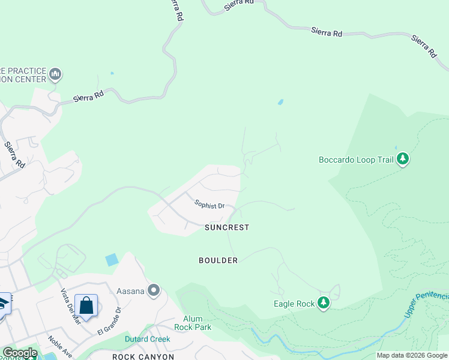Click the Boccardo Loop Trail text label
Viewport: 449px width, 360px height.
[x=355, y=160]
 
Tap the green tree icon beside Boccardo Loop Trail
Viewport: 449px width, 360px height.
[x=403, y=159]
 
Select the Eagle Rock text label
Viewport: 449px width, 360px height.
[x=294, y=304]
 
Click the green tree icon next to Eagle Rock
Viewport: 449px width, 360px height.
[x=324, y=303]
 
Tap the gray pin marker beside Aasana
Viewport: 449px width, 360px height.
[x=154, y=291]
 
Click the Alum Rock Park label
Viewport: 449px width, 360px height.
[x=188, y=323]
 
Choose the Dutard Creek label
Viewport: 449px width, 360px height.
[x=147, y=339]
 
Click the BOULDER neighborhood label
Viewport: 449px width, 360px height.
[x=218, y=260]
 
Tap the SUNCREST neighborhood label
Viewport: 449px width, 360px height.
[x=226, y=227]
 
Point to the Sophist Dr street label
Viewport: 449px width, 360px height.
[x=209, y=205]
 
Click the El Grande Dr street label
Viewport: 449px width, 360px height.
[x=109, y=320]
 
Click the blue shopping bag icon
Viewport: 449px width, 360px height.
[x=86, y=305]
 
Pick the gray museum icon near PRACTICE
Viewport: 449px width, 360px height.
[x=56, y=74]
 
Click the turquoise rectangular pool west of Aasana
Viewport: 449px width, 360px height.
[x=112, y=260]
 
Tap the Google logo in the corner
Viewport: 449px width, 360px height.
[x=20, y=353]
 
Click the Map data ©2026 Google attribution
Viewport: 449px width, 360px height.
[x=412, y=355]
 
